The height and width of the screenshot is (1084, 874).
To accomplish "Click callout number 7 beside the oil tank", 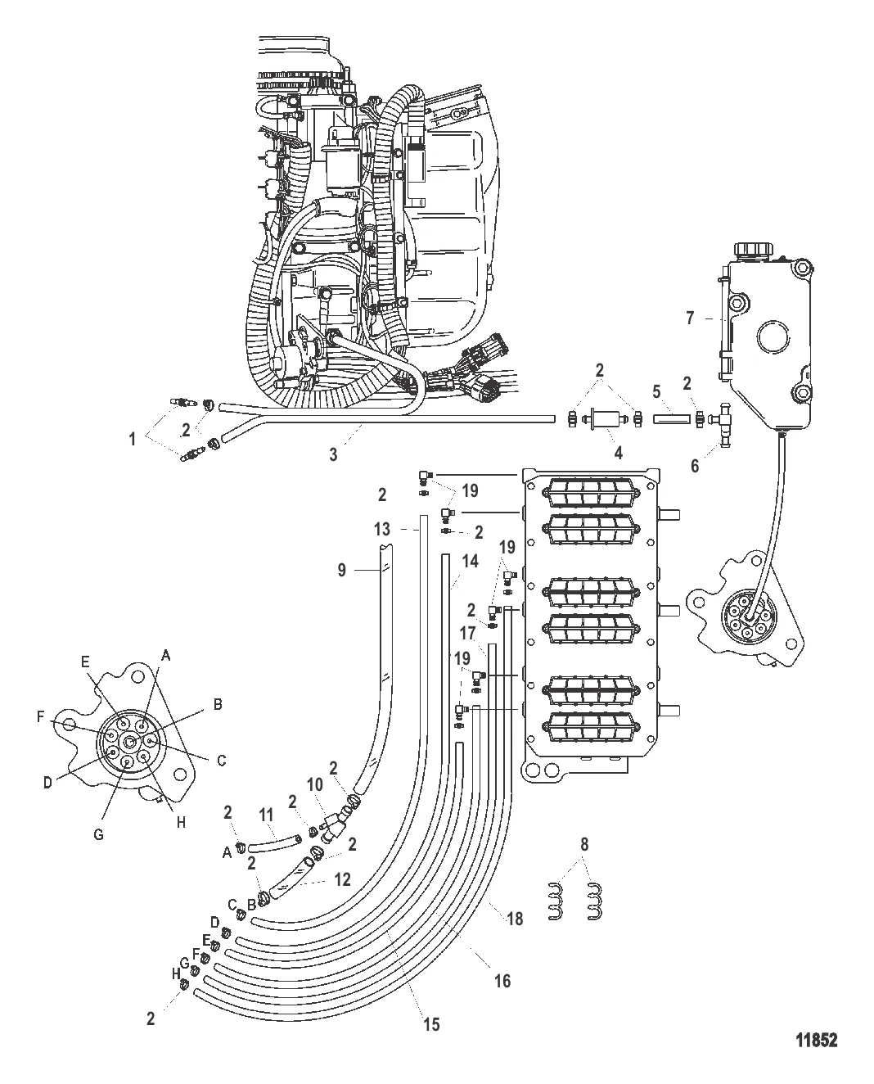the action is click(690, 318).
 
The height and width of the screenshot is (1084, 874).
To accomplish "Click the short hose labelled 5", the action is click(672, 418).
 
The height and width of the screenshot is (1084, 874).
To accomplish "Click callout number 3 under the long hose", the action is click(333, 455).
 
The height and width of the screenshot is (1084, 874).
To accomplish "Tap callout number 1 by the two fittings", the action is click(133, 439).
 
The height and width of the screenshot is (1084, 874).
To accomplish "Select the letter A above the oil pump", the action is click(165, 655).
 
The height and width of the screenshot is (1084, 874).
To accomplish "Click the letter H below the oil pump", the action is click(181, 822).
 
